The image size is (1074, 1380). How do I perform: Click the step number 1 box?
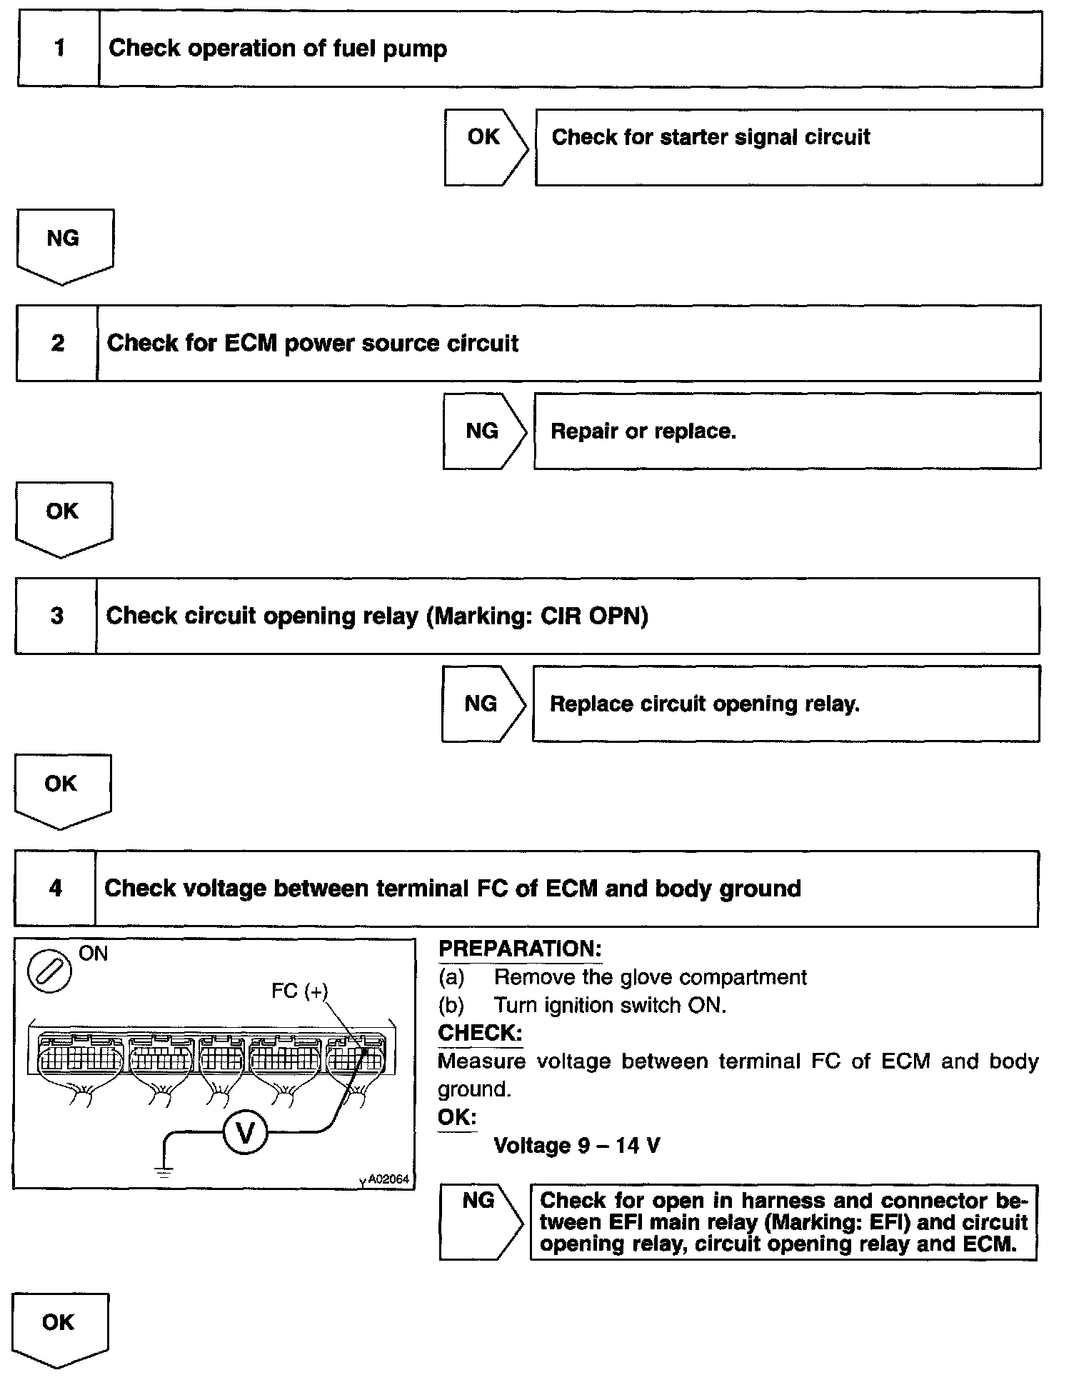pos(59,49)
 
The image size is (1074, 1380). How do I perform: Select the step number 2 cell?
pos(57,344)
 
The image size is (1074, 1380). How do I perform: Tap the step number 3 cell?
pos(56,616)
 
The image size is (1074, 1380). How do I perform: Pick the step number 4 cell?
pos(55,889)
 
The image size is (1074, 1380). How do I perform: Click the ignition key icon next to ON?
pos(49,972)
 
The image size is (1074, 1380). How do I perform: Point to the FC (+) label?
pos(299,991)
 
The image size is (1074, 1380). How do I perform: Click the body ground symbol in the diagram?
pos(164,1169)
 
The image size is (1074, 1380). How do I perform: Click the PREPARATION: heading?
pos(520,949)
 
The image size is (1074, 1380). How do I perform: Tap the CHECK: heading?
pos(480,1033)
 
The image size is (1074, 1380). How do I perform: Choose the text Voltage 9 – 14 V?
pos(577,1146)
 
